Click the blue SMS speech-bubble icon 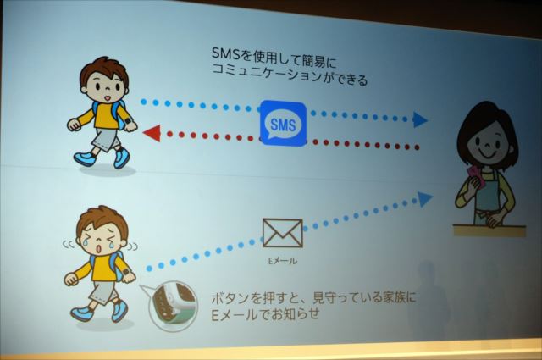point(283,123)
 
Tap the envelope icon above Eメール point(282,233)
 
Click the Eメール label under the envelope point(283,261)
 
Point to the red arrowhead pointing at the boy point(152,133)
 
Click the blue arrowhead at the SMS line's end point(420,119)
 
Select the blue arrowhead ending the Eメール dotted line point(425,199)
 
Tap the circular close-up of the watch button point(173,306)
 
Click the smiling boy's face point(105,87)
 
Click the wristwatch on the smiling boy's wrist point(128,122)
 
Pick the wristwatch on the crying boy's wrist point(125,272)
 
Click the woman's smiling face point(487,142)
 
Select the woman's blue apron point(489,197)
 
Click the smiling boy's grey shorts point(103,138)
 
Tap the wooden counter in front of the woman point(489,230)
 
